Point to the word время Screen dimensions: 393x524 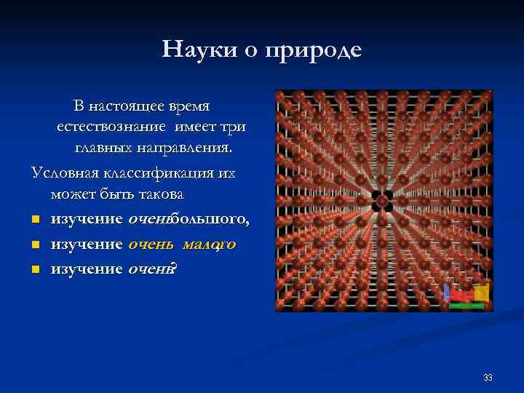click(188, 106)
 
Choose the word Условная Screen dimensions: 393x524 click(65, 174)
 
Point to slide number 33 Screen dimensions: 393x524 click(488, 378)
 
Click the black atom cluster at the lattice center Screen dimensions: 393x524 click(383, 201)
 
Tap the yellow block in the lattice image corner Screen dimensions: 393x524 click(480, 293)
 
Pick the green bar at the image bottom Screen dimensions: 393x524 click(467, 306)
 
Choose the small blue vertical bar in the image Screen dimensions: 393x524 click(447, 292)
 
